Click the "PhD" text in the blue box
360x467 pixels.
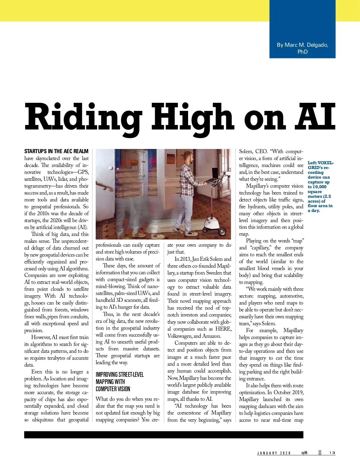[x=302, y=52]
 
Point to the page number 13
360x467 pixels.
[x=332, y=453]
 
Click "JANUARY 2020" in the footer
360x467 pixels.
[x=274, y=453]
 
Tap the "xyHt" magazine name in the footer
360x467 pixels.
[x=304, y=453]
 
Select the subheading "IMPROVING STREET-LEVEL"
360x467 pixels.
[x=120, y=375]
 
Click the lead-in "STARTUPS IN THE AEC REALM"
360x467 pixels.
[x=56, y=151]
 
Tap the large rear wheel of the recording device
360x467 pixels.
[x=222, y=231]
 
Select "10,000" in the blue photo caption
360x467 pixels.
[x=319, y=187]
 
